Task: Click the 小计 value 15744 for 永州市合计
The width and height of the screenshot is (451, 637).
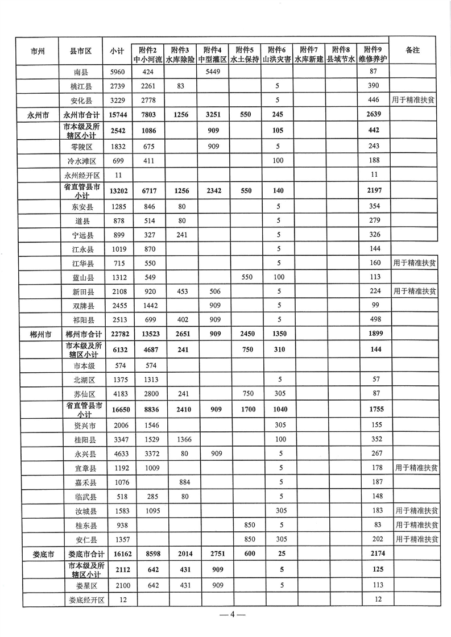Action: point(117,114)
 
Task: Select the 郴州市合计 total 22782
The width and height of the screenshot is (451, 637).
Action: point(117,334)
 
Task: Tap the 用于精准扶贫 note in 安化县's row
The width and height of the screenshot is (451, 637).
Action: point(414,99)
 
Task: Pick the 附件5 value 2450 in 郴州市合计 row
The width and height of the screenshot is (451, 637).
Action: point(247,334)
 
